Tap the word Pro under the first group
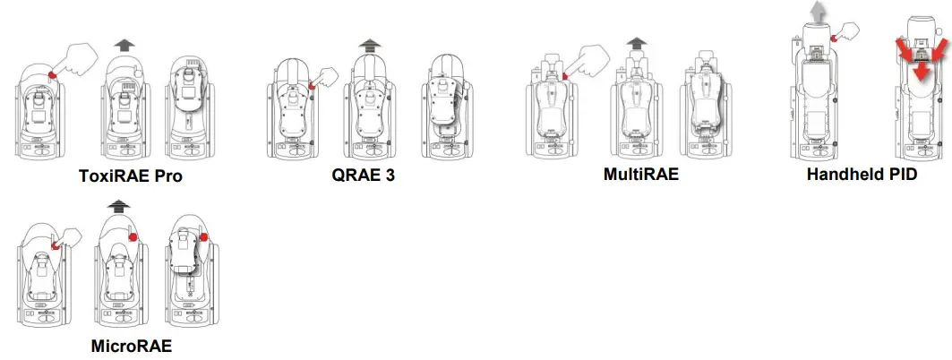click(167, 176)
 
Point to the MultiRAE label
click(641, 175)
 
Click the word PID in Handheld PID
click(898, 175)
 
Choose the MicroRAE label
click(131, 346)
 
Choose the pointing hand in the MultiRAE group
click(585, 59)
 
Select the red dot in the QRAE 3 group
click(311, 86)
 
